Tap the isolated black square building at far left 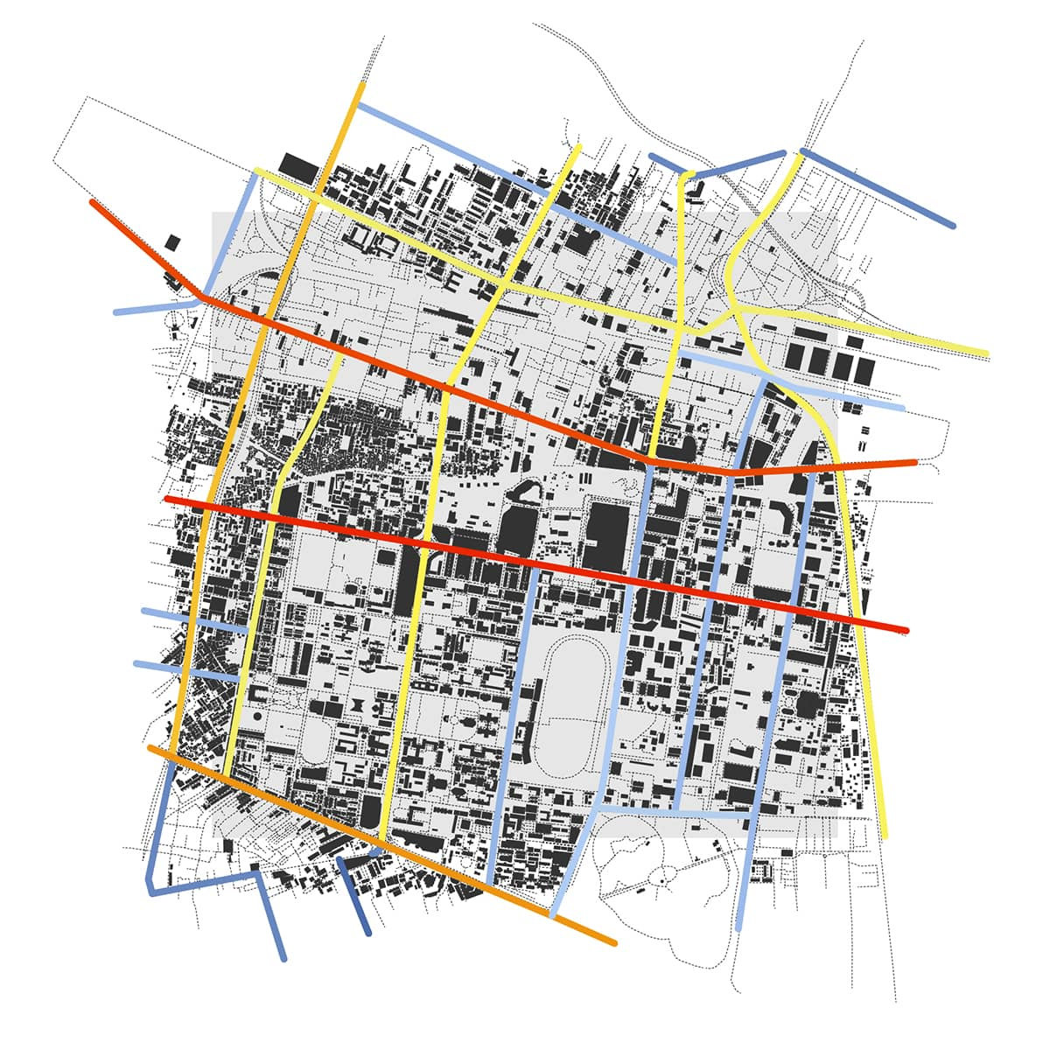[x=173, y=242]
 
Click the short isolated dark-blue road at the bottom [x=354, y=892]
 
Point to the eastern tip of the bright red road [x=906, y=630]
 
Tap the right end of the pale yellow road [x=986, y=353]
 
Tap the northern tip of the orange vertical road [x=361, y=85]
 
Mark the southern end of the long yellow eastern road [x=885, y=836]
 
